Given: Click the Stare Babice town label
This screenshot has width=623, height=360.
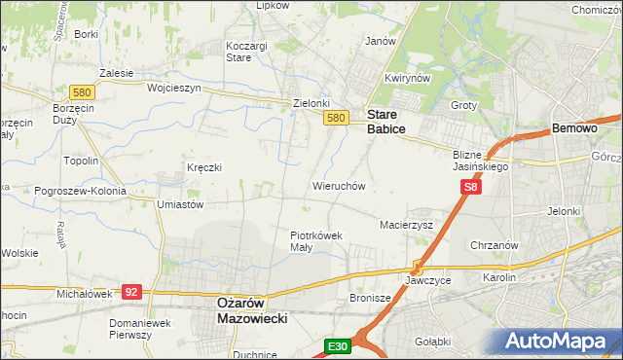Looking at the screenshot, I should click(385, 121).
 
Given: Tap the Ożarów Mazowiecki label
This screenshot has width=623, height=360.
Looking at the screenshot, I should click(248, 309).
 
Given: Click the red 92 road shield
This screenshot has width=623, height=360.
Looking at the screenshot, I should click(133, 291).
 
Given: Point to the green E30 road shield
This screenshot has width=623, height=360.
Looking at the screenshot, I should click(337, 346).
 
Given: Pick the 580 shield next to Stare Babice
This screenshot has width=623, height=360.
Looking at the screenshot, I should click(336, 118).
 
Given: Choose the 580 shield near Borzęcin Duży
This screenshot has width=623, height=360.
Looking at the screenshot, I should click(82, 91).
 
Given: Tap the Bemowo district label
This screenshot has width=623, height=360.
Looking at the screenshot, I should click(574, 128).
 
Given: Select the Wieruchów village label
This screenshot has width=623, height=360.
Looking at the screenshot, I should click(338, 185).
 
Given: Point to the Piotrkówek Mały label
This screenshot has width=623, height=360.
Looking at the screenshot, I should click(315, 240).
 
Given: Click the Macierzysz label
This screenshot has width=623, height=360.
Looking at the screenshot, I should click(405, 225).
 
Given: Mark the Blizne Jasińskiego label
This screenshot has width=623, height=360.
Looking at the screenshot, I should click(481, 161).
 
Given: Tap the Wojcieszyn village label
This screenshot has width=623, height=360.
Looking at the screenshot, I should click(173, 87).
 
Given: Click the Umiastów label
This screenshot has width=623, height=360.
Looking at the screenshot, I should click(179, 204).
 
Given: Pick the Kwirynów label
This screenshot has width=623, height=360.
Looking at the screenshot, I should click(407, 78).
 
